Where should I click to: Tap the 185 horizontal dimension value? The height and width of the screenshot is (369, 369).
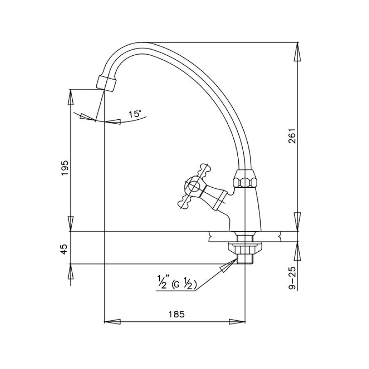pos(175,314)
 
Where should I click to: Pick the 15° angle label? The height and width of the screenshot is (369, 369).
pos(135,114)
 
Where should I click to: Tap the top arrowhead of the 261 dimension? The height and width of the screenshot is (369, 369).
pos(298,52)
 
